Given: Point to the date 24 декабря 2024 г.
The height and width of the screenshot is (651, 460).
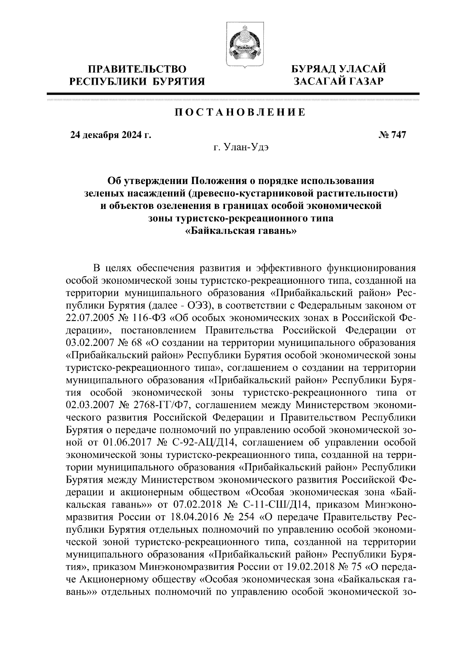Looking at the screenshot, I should [x=110, y=135].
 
